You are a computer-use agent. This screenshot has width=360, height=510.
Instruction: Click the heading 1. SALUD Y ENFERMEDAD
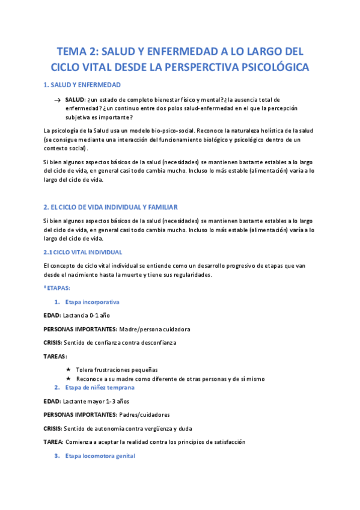click(82, 85)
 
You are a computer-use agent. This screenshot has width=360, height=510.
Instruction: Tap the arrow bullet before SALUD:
click(56, 99)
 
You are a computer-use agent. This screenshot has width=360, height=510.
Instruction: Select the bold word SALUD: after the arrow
click(76, 99)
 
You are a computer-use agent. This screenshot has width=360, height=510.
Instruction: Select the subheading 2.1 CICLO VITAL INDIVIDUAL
click(83, 252)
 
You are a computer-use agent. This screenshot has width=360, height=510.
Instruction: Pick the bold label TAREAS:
click(56, 356)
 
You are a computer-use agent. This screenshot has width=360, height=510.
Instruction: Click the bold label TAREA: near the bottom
click(55, 441)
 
